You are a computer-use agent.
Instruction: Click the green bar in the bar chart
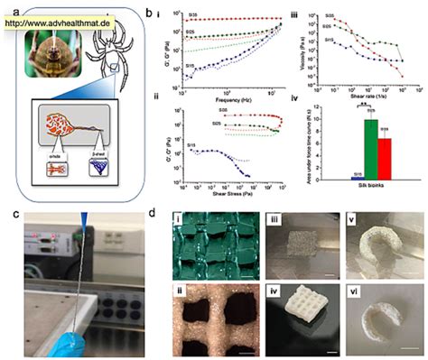point(345,149)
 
